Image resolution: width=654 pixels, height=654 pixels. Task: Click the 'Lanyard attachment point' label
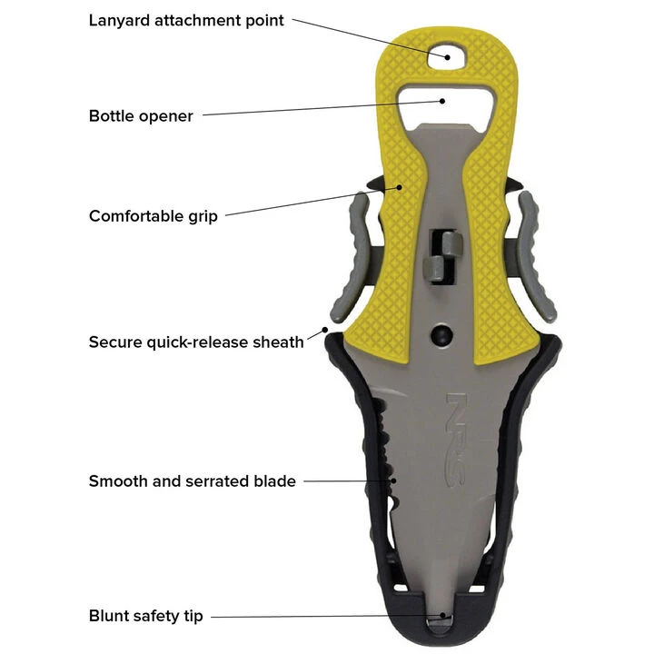pyautogui.click(x=186, y=19)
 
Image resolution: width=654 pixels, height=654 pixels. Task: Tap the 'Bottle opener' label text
pyautogui.click(x=141, y=116)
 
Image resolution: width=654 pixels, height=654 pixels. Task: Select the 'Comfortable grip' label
pyautogui.click(x=153, y=216)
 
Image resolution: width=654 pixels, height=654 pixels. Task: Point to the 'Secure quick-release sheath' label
pyautogui.click(x=195, y=342)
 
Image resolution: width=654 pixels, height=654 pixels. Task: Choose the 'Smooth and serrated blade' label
pyautogui.click(x=192, y=481)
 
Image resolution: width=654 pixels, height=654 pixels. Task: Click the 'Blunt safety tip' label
pyautogui.click(x=145, y=617)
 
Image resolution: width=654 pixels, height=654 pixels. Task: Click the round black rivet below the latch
pyautogui.click(x=441, y=333)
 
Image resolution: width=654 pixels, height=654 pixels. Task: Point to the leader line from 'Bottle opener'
pyautogui.click(x=318, y=109)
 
